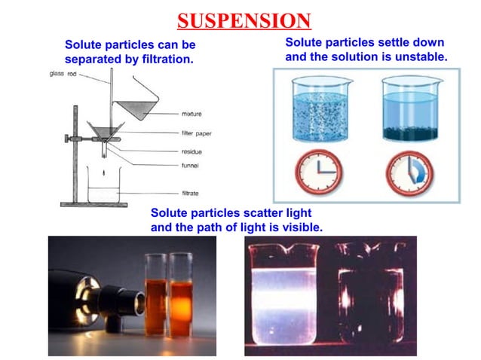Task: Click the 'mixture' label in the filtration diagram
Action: (x=191, y=114)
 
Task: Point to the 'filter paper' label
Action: (x=197, y=133)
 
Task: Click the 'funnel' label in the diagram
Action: (x=191, y=166)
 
